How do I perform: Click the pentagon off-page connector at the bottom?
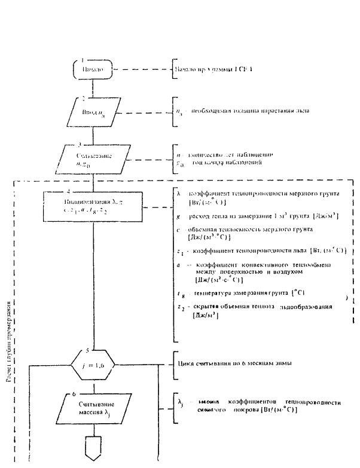93,449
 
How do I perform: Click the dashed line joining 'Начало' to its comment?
139,69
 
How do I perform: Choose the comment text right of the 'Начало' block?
213,69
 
